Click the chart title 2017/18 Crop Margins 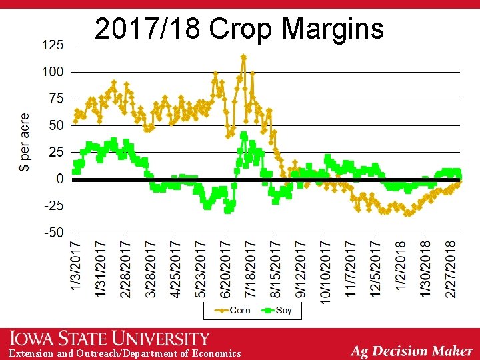pyautogui.click(x=239, y=29)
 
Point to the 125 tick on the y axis pyautogui.click(x=53, y=45)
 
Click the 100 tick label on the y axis pyautogui.click(x=53, y=71)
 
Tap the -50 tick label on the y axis pyautogui.click(x=53, y=233)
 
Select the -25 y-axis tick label pyautogui.click(x=53, y=205)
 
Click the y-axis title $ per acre pyautogui.click(x=24, y=141)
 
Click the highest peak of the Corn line pyautogui.click(x=243, y=57)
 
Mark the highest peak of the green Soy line pyautogui.click(x=243, y=136)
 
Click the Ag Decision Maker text pyautogui.click(x=411, y=351)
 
